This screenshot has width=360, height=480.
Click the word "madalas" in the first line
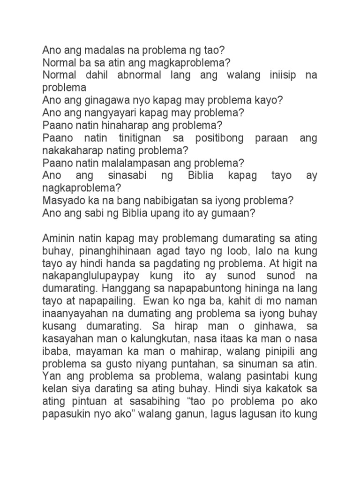point(93,51)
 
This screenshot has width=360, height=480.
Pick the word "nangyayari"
point(104,112)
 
